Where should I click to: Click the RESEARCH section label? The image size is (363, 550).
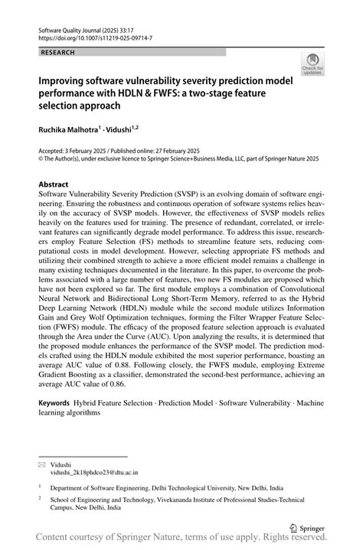pyautogui.click(x=58, y=52)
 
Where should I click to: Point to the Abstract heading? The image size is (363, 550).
pyautogui.click(x=54, y=185)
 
